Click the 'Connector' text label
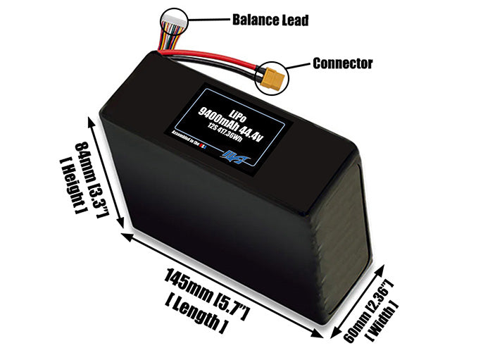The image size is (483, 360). pos(342,63)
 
